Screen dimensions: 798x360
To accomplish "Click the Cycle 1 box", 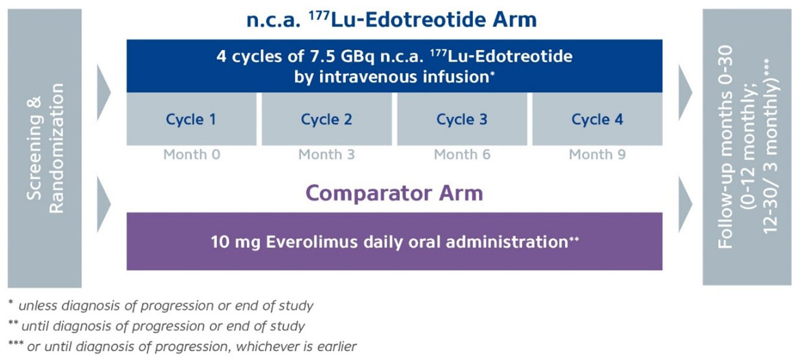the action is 191,119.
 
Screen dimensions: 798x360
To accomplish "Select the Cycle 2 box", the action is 327,119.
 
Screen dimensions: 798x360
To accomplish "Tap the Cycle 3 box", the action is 462,119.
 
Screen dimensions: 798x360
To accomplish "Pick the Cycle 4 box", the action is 598,119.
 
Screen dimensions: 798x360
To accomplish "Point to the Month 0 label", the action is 191,154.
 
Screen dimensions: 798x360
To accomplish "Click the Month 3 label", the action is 327,154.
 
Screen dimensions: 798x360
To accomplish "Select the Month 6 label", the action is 462,154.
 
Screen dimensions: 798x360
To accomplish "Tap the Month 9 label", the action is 598,154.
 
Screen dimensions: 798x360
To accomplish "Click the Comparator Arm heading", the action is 394,194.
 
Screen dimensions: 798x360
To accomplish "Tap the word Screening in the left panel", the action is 34,148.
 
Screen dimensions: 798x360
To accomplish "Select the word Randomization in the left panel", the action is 56,148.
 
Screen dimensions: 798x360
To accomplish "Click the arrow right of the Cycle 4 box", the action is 685,92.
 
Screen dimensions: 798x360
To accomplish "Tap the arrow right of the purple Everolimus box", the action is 685,205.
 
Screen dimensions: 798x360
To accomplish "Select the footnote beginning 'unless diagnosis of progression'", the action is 161,306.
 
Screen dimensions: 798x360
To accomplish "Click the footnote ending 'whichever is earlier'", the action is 182,346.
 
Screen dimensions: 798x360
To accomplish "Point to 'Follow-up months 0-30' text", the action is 725,147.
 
